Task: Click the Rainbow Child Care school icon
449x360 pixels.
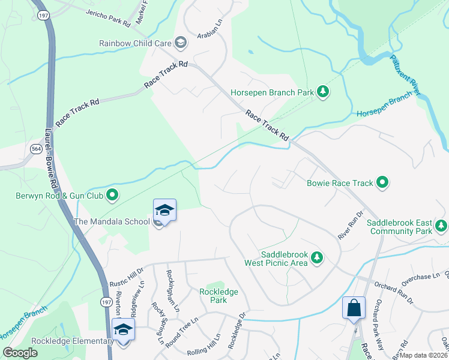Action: pyautogui.click(x=180, y=42)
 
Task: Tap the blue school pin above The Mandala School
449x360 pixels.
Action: pyautogui.click(x=164, y=211)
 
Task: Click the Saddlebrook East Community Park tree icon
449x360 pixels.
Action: pyautogui.click(x=441, y=226)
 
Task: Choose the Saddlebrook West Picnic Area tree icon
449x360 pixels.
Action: pyautogui.click(x=317, y=258)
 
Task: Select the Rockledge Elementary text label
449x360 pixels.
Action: pyautogui.click(x=57, y=341)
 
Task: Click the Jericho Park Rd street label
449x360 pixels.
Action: pyautogui.click(x=108, y=19)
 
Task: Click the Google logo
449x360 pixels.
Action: pyautogui.click(x=19, y=353)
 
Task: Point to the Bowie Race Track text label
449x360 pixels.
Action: pyautogui.click(x=340, y=183)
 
